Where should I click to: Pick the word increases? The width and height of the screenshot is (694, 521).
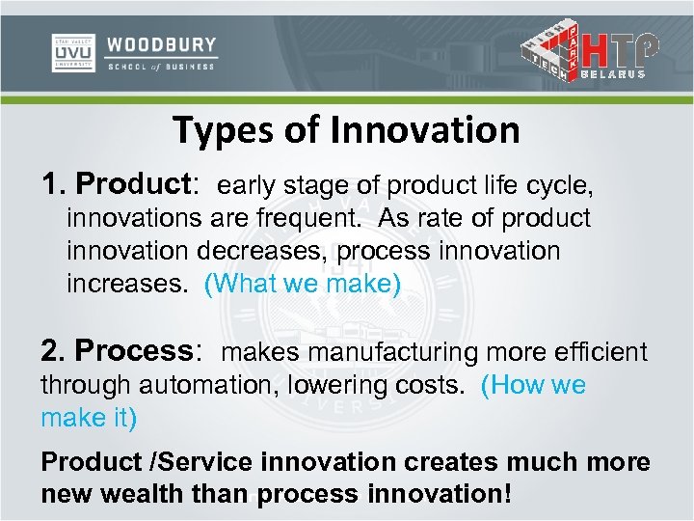(x=128, y=285)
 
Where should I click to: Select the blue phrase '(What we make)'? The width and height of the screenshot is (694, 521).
(x=302, y=285)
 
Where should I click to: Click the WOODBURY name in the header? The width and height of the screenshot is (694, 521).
(x=161, y=45)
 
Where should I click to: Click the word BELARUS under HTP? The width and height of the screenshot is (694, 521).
(x=622, y=76)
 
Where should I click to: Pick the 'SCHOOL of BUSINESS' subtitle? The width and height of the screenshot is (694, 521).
(x=161, y=68)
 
